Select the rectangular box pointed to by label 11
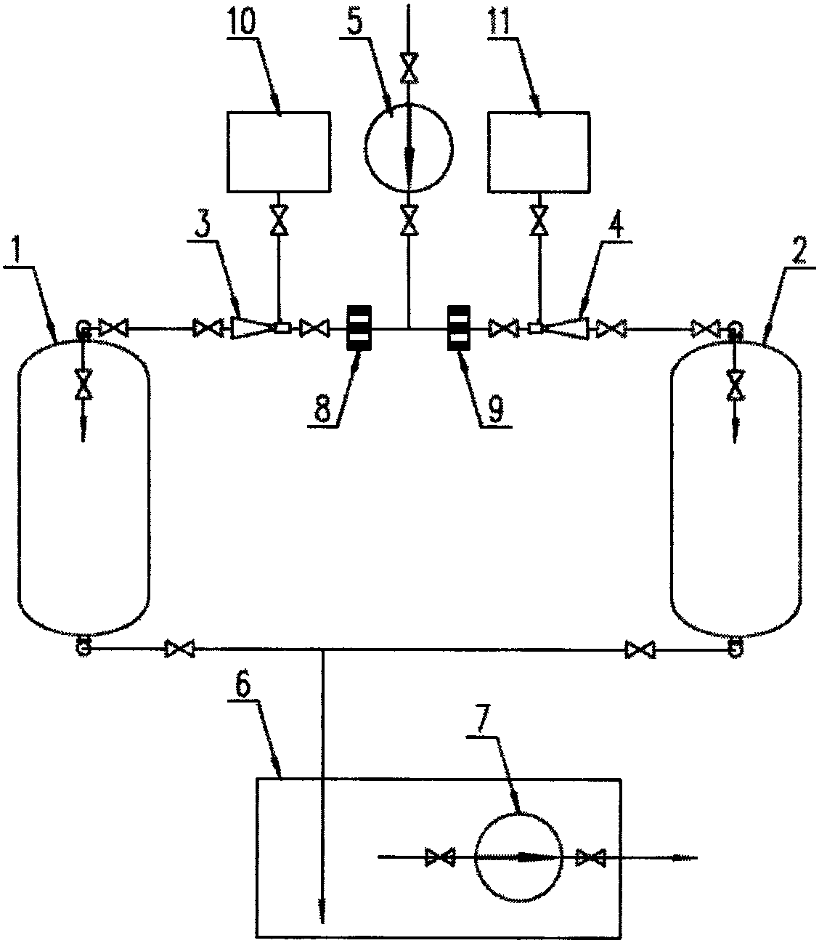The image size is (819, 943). [539, 152]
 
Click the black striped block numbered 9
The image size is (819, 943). [458, 328]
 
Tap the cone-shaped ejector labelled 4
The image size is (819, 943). [567, 329]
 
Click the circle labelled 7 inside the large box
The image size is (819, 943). [518, 857]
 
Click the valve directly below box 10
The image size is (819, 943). [277, 219]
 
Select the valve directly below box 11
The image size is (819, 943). [539, 219]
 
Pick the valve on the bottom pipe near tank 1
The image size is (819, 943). [180, 648]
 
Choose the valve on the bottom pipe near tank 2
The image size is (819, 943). [641, 648]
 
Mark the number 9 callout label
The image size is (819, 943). [494, 411]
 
